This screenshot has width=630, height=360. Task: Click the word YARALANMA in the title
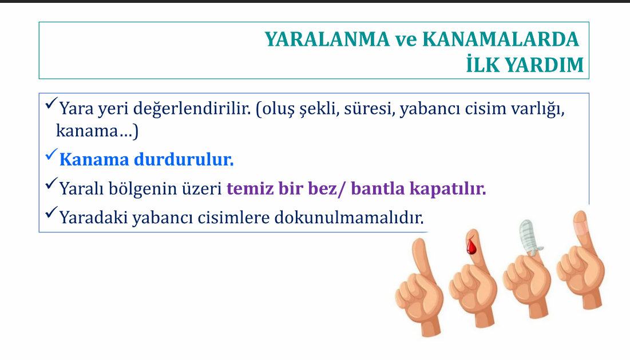pos(327,39)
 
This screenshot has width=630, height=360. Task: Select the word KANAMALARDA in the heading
pos(500,39)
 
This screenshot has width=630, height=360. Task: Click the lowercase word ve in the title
pos(406,40)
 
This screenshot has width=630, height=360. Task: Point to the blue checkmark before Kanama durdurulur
pos(51,155)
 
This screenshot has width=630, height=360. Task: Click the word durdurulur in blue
pos(184,160)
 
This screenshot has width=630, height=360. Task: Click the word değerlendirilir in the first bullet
pos(192,109)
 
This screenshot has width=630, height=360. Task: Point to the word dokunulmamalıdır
pos(349,217)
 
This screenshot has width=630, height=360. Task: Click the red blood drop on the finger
pos(471,246)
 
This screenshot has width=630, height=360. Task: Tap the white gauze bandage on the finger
pos(529,238)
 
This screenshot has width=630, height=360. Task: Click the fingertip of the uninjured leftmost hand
pos(419,243)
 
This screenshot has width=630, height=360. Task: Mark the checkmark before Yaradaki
pos(51,212)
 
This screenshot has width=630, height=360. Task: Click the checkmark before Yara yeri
pos(51,103)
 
